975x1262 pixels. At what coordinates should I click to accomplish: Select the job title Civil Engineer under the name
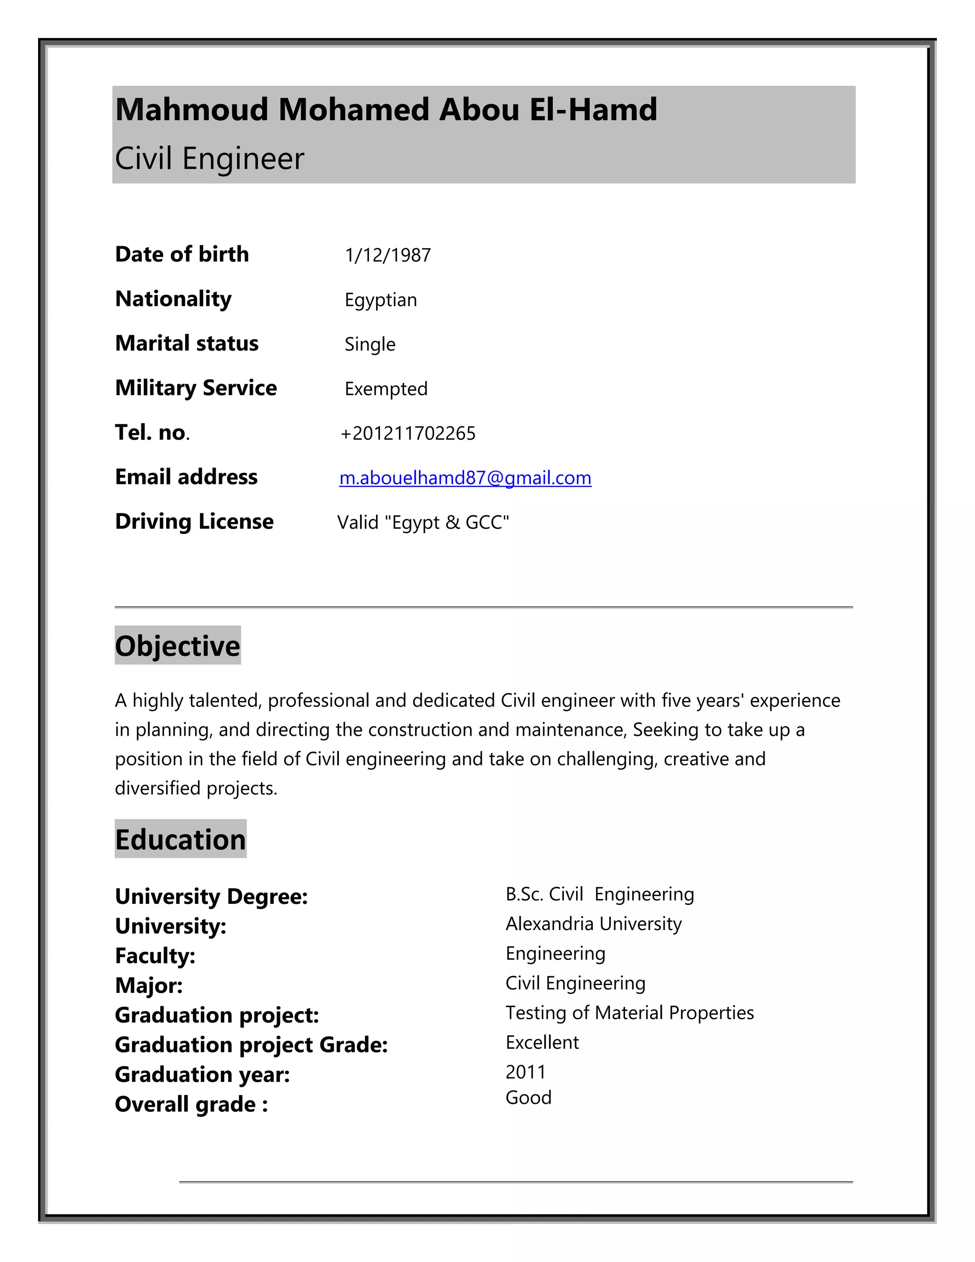[x=209, y=158]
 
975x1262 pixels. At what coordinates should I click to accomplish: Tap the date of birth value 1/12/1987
[x=388, y=255]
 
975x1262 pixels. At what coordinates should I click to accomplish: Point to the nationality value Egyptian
[x=381, y=300]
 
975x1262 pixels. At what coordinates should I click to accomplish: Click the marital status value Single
[x=369, y=344]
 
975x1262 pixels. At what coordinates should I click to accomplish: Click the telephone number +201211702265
[x=408, y=433]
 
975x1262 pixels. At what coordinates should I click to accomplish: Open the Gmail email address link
[x=465, y=478]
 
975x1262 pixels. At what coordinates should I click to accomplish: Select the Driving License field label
[x=194, y=521]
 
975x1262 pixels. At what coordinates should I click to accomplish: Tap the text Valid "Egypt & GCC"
[x=423, y=522]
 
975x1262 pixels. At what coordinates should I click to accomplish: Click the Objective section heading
[x=177, y=645]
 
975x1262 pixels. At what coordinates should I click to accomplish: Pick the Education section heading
[x=180, y=839]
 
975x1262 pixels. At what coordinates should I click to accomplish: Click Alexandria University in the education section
[x=593, y=923]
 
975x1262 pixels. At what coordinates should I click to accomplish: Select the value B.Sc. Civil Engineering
[x=599, y=894]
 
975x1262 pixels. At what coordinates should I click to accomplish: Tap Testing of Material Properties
[x=629, y=1012]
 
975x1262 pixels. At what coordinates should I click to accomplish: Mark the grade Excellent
[x=542, y=1042]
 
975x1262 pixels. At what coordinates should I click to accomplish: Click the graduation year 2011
[x=525, y=1072]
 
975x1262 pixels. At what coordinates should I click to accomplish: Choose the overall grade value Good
[x=528, y=1097]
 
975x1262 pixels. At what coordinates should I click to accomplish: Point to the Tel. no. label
[x=152, y=432]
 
